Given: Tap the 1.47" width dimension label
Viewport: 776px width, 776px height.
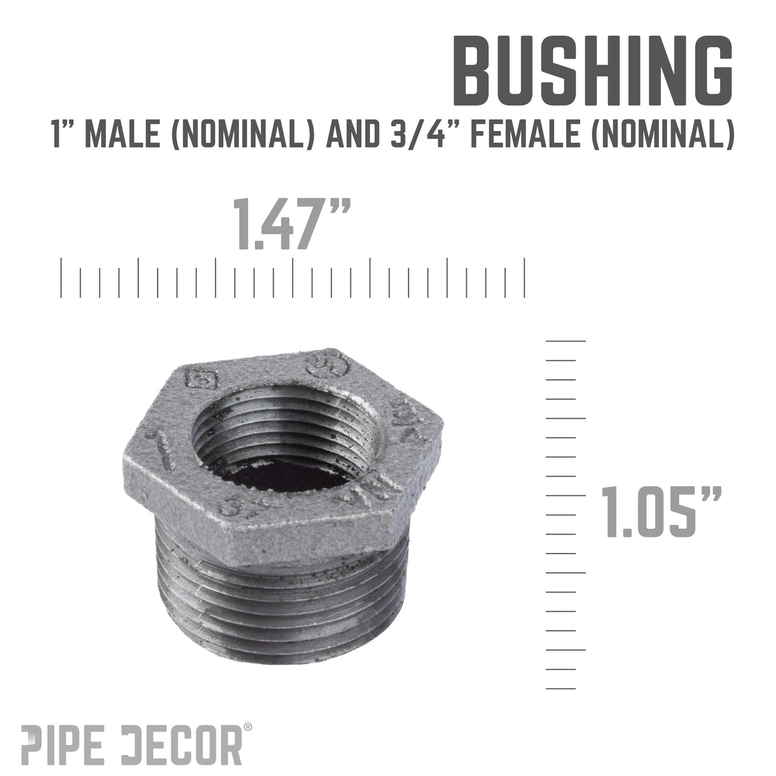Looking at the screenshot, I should tap(293, 224).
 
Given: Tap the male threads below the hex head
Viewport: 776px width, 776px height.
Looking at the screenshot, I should tap(279, 591).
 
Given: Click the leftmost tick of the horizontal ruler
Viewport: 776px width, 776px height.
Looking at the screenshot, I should tap(62, 277).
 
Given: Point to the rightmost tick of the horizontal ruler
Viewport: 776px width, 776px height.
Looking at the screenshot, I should tap(524, 277).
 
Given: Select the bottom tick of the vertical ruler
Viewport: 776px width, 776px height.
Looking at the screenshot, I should tap(561, 688).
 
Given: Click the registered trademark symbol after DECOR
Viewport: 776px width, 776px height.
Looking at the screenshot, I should tap(248, 727).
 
